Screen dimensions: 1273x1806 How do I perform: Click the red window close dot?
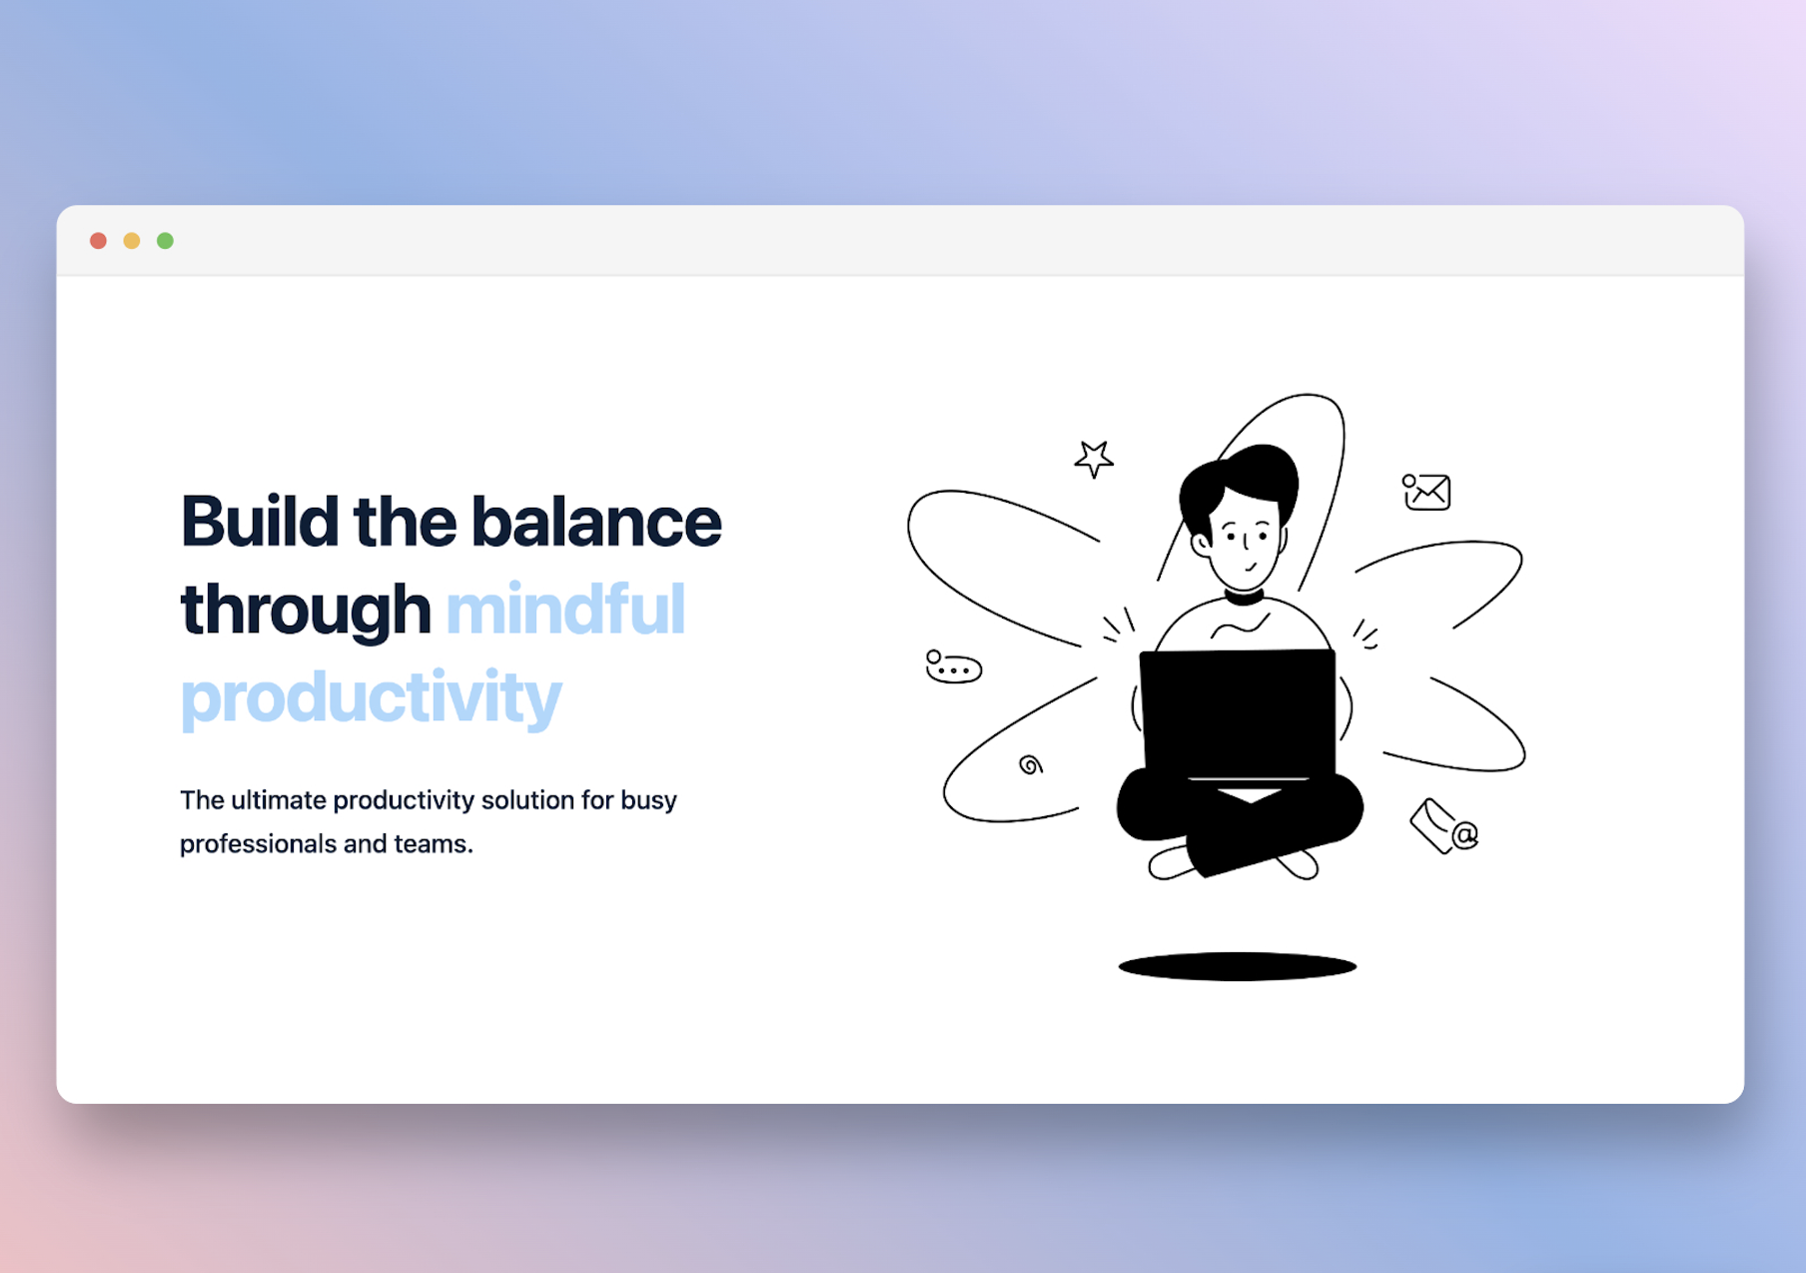coord(98,241)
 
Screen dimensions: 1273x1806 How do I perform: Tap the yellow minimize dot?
coord(132,241)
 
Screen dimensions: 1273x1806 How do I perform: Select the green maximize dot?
coord(166,241)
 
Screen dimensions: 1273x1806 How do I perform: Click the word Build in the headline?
coord(259,522)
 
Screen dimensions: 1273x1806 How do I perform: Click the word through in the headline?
coord(305,610)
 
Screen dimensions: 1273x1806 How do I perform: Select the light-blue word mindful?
coord(565,610)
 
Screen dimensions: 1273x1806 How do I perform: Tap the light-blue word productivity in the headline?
coord(371,697)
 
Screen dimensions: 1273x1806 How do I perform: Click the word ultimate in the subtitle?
coord(279,800)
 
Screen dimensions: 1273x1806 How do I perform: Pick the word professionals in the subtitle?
coord(258,844)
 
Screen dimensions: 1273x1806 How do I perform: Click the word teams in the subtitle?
coord(431,844)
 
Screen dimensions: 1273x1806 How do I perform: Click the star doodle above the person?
coord(1094,459)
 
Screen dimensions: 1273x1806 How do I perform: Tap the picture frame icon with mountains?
coord(1427,492)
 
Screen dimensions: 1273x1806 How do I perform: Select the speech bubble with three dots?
coord(954,667)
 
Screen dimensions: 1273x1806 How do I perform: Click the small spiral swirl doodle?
coord(1031,765)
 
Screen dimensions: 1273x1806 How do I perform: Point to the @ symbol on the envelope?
coord(1464,834)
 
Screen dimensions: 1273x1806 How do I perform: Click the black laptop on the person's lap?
coord(1239,711)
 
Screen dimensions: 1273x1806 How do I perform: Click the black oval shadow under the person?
coord(1237,966)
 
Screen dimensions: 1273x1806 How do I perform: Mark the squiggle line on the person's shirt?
coord(1240,628)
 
